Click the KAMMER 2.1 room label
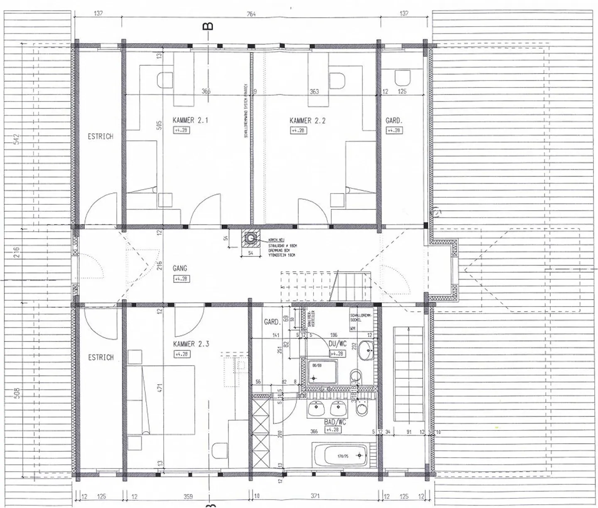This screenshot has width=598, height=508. point(190,120)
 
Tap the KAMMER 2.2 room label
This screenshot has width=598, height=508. point(307,121)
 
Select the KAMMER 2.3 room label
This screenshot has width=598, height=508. point(191,344)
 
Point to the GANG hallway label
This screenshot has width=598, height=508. point(180,269)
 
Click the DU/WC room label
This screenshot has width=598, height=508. point(337,344)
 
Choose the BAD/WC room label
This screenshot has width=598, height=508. point(335,422)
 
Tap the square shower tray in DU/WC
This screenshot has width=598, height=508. point(322,371)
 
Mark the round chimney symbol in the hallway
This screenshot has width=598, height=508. point(250,238)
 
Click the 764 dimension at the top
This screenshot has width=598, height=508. point(251,14)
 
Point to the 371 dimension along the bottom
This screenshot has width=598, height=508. point(315,496)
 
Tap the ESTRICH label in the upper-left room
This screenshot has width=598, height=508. point(100,136)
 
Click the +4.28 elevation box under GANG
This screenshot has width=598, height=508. point(181,279)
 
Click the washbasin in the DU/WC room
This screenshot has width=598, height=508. point(366,350)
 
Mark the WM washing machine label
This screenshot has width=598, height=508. point(353,328)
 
